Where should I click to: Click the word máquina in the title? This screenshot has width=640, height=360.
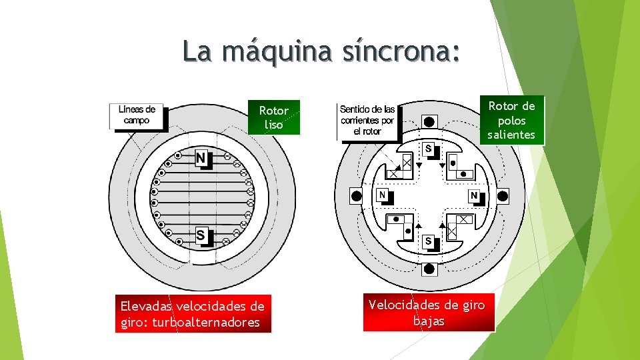[277, 51]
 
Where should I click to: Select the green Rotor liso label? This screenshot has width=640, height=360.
[273, 117]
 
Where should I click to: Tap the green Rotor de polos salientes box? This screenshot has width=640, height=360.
[511, 120]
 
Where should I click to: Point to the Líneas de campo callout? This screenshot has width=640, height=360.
[137, 115]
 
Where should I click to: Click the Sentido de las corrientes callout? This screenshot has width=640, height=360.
[367, 121]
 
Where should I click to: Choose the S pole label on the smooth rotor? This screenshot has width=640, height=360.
[201, 235]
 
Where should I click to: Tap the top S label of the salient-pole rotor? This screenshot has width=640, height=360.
[428, 148]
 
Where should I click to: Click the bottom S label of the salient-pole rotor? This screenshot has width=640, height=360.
[428, 240]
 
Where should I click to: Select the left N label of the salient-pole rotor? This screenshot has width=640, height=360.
[382, 195]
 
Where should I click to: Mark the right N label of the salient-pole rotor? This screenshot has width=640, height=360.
[473, 196]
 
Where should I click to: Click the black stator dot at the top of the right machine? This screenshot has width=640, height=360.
[429, 121]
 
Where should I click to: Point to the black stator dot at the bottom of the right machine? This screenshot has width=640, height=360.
[429, 269]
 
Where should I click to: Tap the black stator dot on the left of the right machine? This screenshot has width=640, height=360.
[357, 196]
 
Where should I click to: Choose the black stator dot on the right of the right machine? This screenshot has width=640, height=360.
[503, 196]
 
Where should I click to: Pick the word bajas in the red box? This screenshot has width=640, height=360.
[429, 321]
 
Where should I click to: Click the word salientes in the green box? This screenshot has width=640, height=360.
[511, 135]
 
